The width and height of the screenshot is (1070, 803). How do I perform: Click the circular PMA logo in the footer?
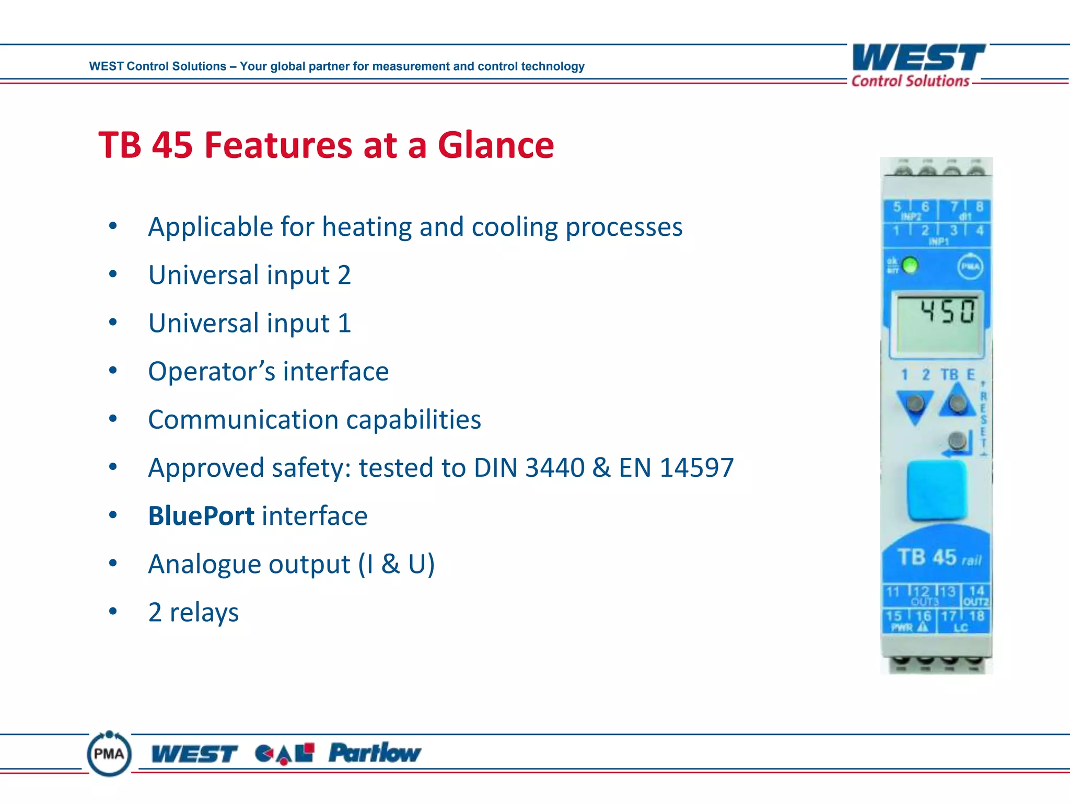tap(109, 754)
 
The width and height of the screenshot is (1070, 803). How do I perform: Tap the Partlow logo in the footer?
tap(374, 753)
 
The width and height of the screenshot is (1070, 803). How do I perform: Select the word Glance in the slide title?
tap(495, 145)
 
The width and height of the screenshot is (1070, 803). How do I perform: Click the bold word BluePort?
tap(201, 516)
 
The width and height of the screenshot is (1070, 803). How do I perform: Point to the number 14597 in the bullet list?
tap(696, 467)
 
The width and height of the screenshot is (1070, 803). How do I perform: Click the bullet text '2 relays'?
tap(193, 612)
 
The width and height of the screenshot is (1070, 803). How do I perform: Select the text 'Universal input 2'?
tap(249, 275)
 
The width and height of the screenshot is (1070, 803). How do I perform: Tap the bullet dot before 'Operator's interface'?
tap(113, 371)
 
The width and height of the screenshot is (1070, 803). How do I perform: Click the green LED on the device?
tap(910, 266)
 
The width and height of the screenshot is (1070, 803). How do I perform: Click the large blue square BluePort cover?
tap(937, 489)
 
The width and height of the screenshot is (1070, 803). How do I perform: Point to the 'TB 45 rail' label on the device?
tap(939, 558)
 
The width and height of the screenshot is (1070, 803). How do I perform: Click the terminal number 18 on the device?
tap(977, 616)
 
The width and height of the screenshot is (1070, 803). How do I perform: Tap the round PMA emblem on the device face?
tap(970, 267)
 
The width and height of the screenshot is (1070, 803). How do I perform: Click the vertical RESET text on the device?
tap(983, 418)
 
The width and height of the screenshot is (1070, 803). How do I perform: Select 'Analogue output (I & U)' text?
tap(291, 564)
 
